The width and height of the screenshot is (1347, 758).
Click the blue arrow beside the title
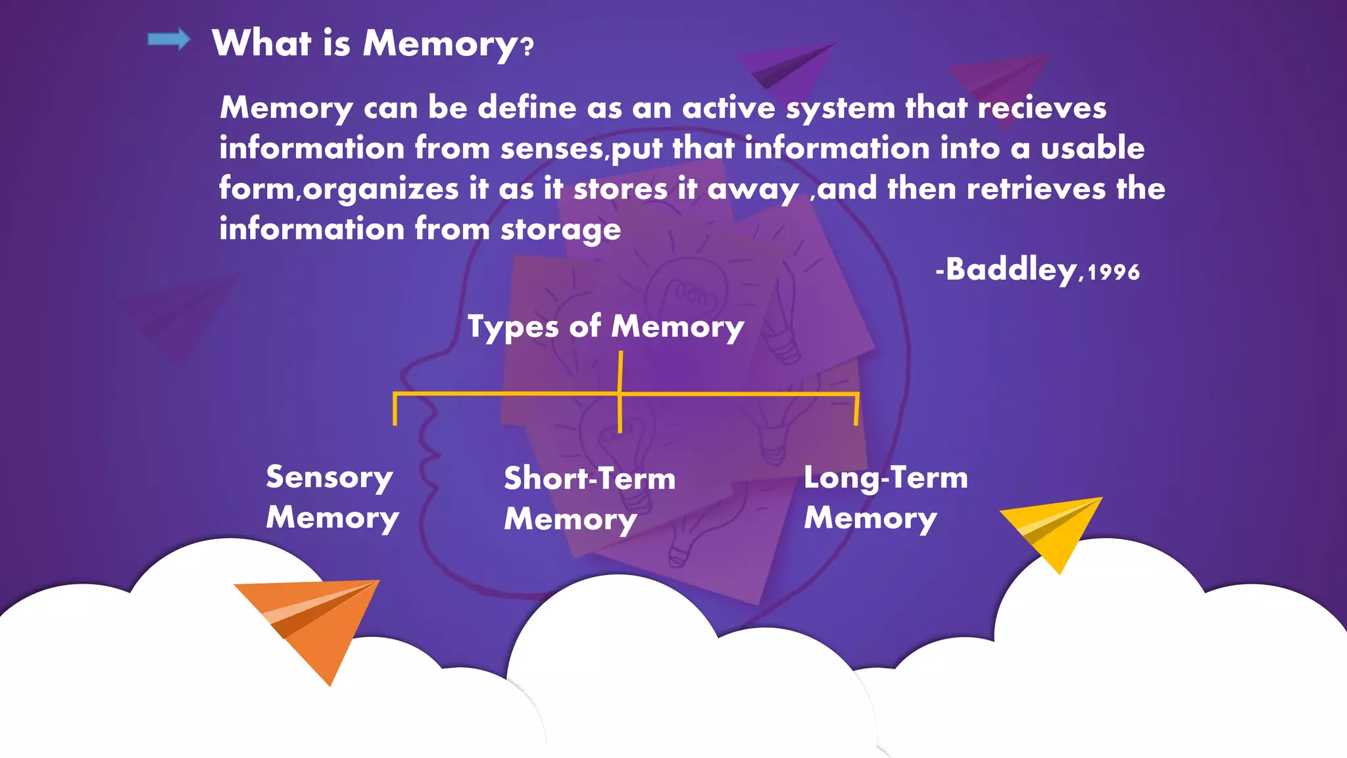pyautogui.click(x=168, y=40)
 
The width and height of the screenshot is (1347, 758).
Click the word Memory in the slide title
pyautogui.click(x=440, y=45)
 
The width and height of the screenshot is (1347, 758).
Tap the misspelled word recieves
pyautogui.click(x=1042, y=108)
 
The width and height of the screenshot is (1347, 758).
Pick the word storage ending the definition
pyautogui.click(x=560, y=230)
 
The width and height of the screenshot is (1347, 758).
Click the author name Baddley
pyautogui.click(x=1010, y=270)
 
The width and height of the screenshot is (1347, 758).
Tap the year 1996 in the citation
pyautogui.click(x=1114, y=272)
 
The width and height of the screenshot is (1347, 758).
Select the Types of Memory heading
pyautogui.click(x=606, y=327)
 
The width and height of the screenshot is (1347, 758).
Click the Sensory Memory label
pyautogui.click(x=332, y=497)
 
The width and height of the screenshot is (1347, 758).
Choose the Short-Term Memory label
pyautogui.click(x=589, y=499)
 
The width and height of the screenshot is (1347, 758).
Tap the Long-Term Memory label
pyautogui.click(x=885, y=498)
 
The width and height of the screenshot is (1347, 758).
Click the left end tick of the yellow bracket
pyautogui.click(x=395, y=409)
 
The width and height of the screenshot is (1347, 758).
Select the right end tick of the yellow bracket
pyautogui.click(x=856, y=409)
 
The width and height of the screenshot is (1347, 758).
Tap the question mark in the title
pyautogui.click(x=527, y=47)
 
